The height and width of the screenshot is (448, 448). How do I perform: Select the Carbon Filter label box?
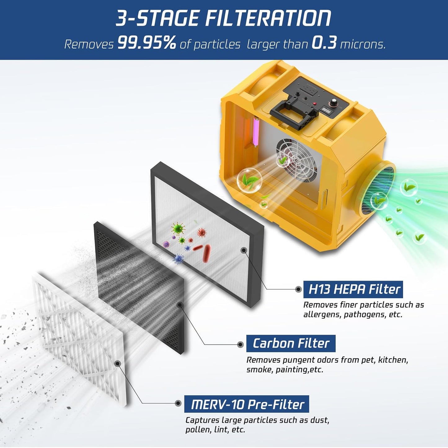[291, 344]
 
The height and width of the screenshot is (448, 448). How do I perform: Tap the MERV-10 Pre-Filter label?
[247, 404]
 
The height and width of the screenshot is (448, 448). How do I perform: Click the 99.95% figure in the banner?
[147, 42]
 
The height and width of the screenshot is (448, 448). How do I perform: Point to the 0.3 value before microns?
[324, 42]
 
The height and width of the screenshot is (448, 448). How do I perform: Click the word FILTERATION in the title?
[268, 18]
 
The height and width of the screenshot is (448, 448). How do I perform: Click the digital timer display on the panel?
[326, 110]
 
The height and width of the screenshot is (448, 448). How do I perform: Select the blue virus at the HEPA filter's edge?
[178, 259]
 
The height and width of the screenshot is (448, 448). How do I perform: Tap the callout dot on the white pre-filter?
[117, 363]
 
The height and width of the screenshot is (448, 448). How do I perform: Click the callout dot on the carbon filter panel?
[179, 305]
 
